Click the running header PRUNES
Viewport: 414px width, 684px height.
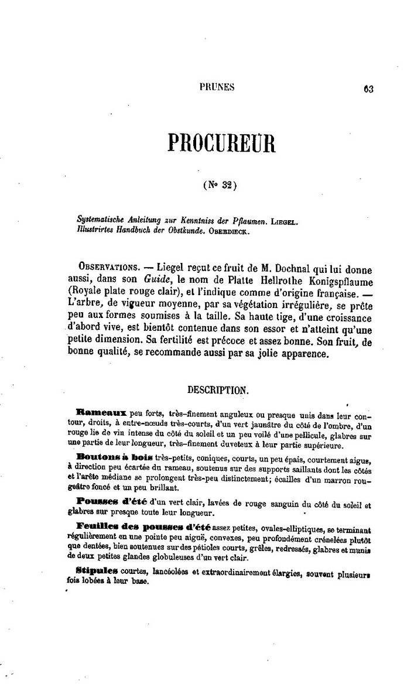(217, 87)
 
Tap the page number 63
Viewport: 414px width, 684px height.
(368, 89)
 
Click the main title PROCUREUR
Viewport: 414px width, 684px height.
(221, 142)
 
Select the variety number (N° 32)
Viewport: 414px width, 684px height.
(219, 185)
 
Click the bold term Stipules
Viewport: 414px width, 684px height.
(97, 571)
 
